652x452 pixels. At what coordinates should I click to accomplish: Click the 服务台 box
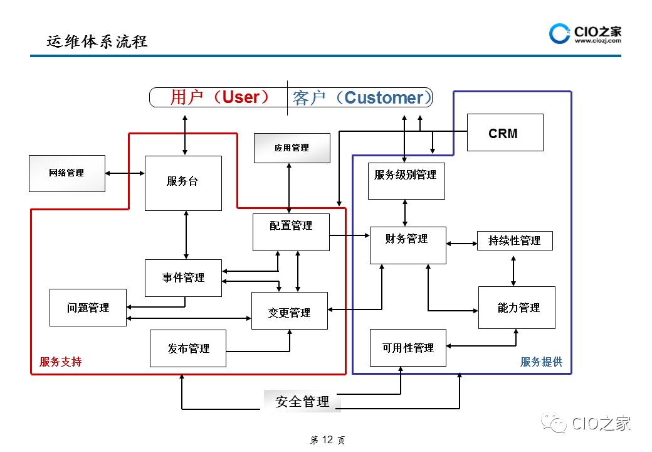183,183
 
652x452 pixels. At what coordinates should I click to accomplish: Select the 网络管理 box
67,173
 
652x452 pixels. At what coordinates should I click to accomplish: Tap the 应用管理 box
292,148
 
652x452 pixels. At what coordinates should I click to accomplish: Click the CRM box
505,132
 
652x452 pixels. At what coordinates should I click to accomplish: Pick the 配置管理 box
291,232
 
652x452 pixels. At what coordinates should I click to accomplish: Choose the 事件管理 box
183,277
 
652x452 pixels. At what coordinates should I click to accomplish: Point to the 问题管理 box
88,308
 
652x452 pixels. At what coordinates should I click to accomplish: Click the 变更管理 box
289,311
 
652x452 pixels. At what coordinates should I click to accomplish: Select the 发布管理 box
188,348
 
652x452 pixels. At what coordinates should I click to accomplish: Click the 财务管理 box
407,245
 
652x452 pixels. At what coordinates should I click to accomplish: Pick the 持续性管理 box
514,240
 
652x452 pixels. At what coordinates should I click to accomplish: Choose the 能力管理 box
517,308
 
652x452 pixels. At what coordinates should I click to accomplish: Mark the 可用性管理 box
408,347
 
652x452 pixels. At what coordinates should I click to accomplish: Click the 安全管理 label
302,402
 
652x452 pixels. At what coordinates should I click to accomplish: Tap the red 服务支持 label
60,362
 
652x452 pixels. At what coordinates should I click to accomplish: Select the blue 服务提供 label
541,362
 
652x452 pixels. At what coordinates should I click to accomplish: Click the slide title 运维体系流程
97,42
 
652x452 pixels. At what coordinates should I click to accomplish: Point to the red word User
241,97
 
